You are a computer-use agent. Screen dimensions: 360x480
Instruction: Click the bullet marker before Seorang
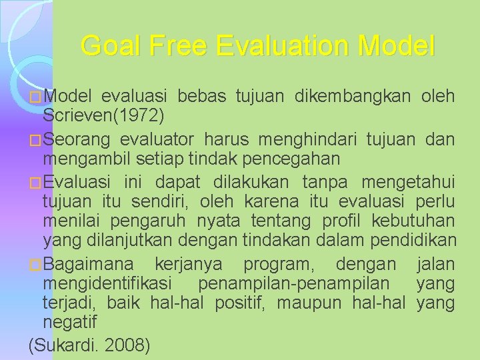(35, 141)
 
